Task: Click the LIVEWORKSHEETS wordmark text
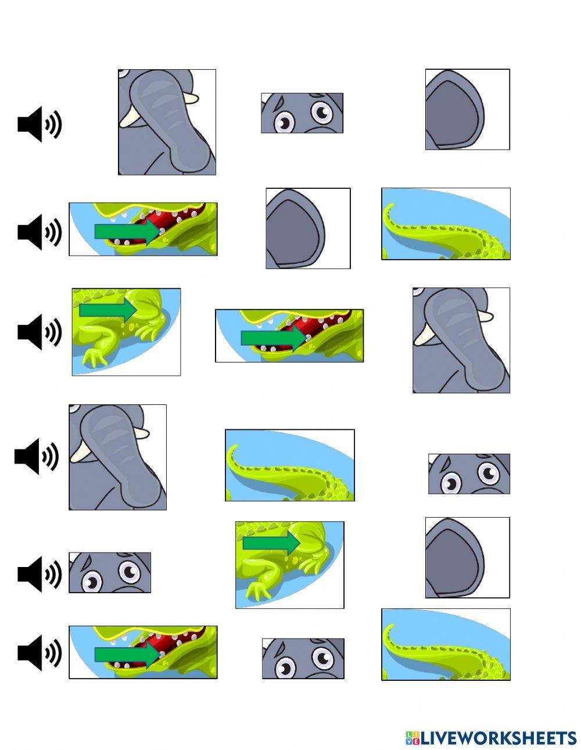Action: pos(498,729)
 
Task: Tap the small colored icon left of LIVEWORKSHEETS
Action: pos(412,729)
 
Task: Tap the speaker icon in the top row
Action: pos(40,124)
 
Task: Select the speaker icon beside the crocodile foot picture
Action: pos(40,332)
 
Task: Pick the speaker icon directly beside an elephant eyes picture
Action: pos(40,574)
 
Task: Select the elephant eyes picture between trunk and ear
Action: pos(302,113)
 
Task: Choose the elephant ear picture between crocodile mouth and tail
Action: pos(308,228)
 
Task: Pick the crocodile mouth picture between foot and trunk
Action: pos(289,335)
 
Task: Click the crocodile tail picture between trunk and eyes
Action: pos(290,465)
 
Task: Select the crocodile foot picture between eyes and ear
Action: pos(290,565)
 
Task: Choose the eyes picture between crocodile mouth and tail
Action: pos(303,659)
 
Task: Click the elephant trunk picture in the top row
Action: pos(167,122)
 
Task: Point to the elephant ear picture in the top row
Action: pos(468,109)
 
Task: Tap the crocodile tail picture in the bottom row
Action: pos(446,644)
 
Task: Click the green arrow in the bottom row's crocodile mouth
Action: pos(127,654)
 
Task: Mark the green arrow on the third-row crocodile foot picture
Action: pos(108,310)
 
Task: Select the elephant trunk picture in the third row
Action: pos(461,340)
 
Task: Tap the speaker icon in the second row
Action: pos(40,232)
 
